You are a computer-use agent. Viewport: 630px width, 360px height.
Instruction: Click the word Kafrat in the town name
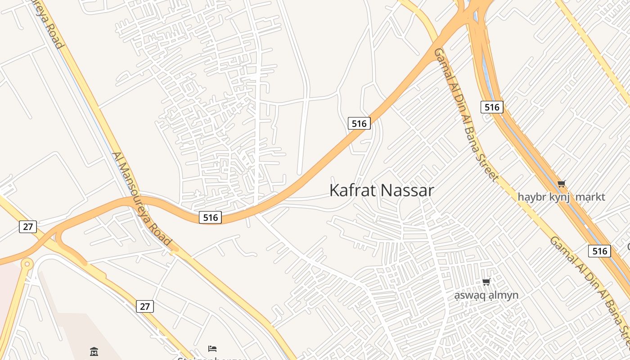click(353, 190)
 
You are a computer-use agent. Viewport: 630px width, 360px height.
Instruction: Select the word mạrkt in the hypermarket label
click(590, 197)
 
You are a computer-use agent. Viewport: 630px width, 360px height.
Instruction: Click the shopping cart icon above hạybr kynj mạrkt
click(561, 184)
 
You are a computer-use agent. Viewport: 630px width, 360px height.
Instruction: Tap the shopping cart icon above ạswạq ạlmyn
click(486, 282)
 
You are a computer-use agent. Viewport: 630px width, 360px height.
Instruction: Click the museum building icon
click(94, 351)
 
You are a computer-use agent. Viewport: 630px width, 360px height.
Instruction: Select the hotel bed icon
click(212, 348)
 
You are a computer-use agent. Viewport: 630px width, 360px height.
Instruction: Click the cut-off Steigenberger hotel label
click(212, 358)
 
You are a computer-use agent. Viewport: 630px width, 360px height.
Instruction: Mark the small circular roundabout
click(27, 263)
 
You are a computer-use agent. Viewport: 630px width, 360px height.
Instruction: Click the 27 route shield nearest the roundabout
click(28, 226)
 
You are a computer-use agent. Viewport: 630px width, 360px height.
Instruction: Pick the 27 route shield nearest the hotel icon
click(145, 306)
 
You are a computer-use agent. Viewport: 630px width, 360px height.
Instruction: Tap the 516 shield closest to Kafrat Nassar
click(359, 123)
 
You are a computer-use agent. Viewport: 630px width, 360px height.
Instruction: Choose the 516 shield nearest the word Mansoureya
click(210, 217)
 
